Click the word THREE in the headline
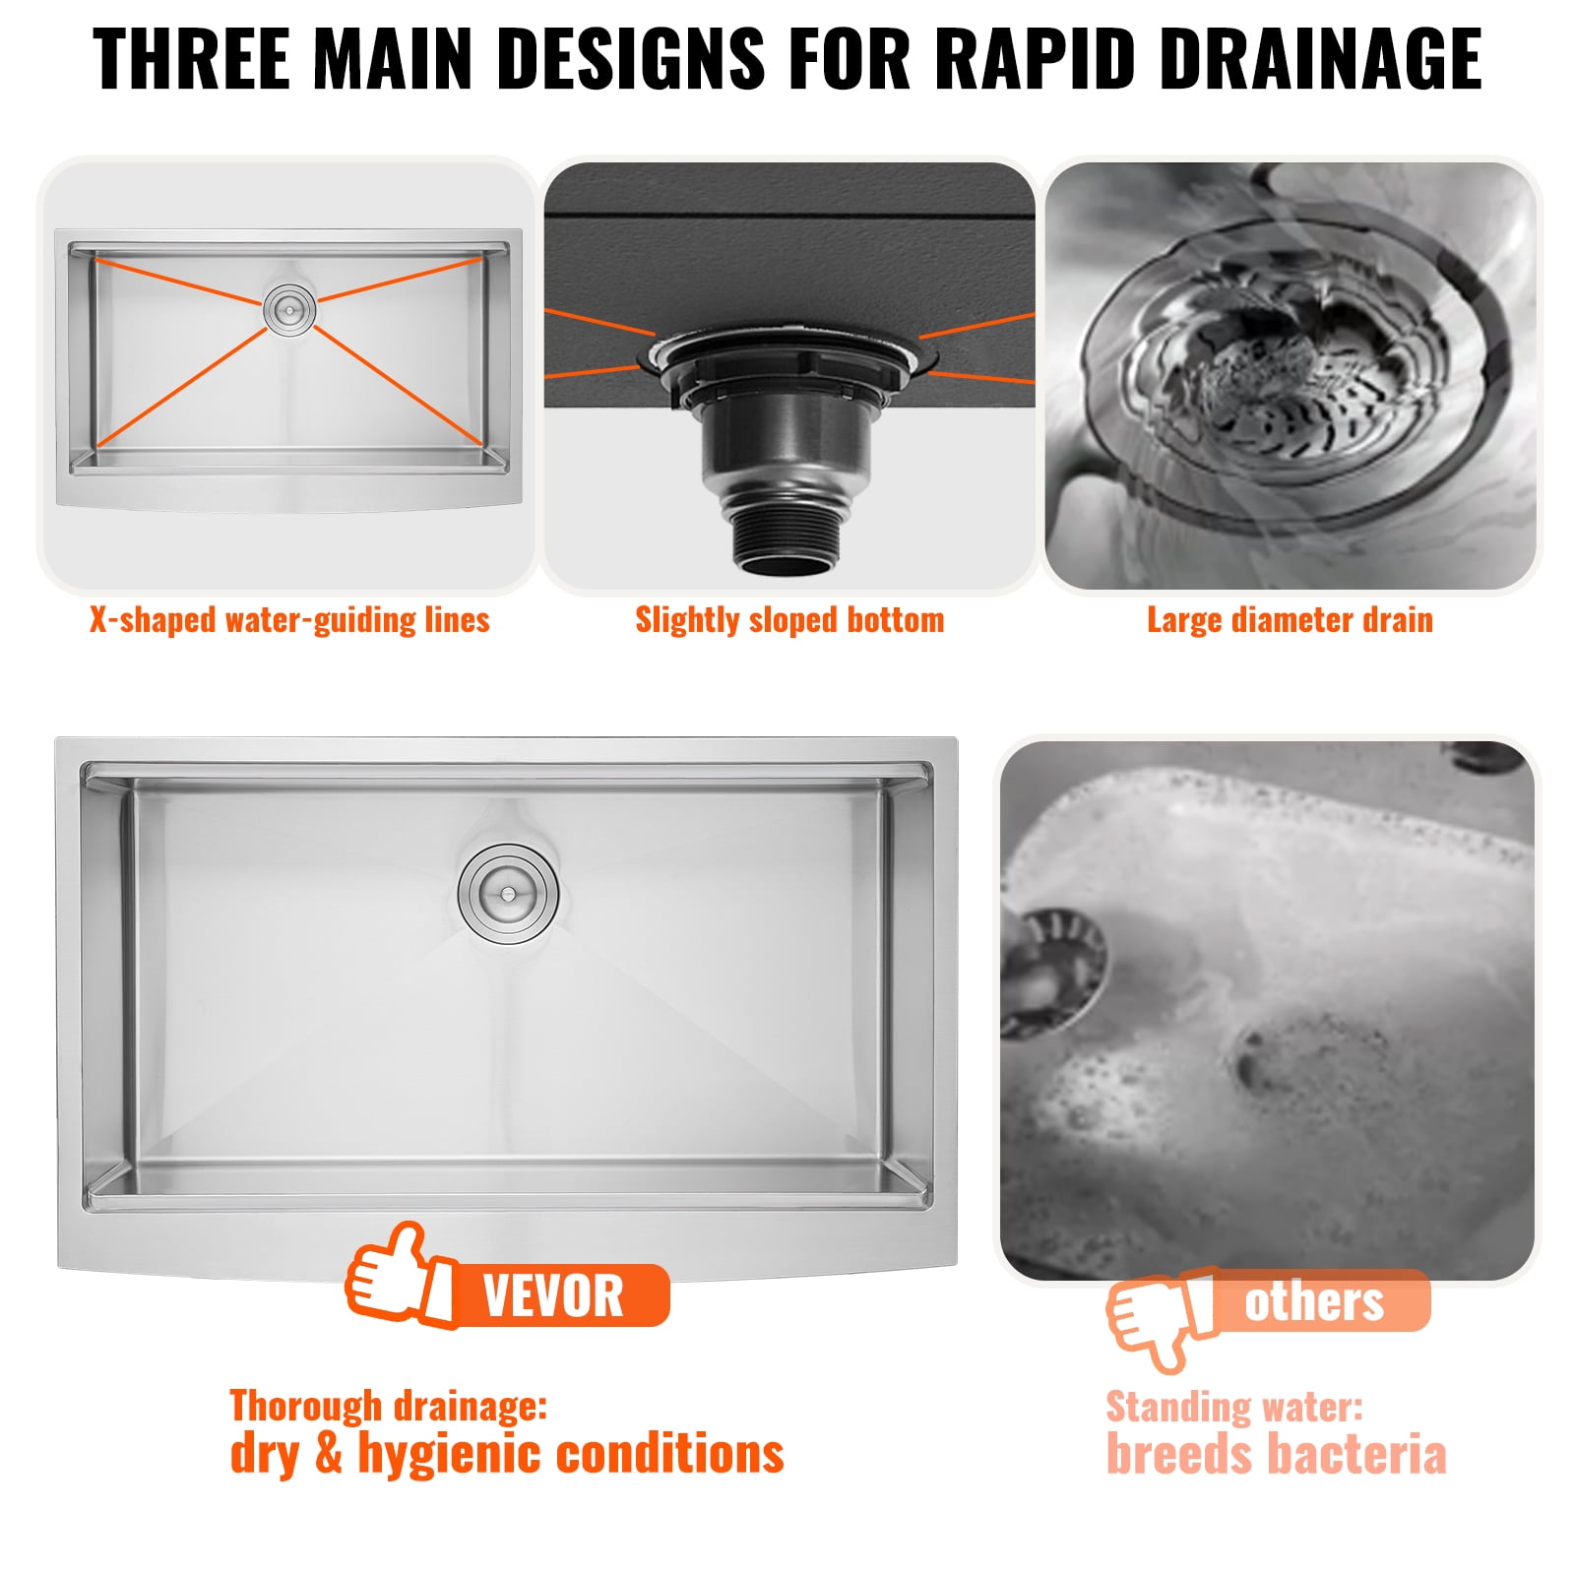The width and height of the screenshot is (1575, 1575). [x=192, y=59]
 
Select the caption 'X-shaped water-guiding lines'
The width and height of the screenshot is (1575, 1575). [x=289, y=620]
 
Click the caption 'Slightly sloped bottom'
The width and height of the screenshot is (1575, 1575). [x=789, y=620]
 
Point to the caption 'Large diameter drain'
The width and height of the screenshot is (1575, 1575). [x=1290, y=620]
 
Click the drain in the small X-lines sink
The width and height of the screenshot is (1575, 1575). [x=289, y=309]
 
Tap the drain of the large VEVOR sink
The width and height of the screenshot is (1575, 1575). [x=508, y=894]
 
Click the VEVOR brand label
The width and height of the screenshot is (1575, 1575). [x=553, y=1295]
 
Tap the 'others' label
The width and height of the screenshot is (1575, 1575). [x=1313, y=1301]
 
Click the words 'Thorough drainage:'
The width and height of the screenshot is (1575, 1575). [x=388, y=1406]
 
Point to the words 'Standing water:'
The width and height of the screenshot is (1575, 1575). [x=1234, y=1407]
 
